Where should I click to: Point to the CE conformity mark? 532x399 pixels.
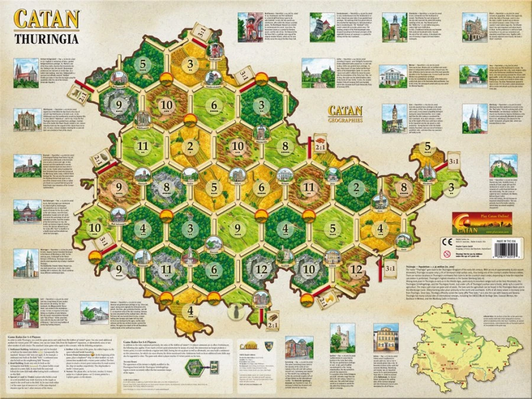[462, 243]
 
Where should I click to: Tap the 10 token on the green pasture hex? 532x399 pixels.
[94, 228]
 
